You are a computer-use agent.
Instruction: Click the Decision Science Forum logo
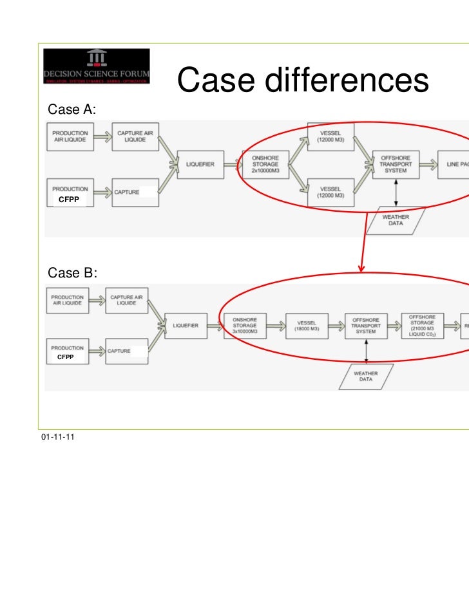[x=97, y=68]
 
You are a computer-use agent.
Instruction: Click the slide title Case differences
[x=302, y=81]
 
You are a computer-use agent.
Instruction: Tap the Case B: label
[x=72, y=273]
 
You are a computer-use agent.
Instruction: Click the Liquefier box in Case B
[x=190, y=325]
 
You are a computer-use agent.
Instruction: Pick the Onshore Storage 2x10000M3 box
[x=265, y=164]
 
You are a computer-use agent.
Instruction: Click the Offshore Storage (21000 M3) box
[x=423, y=326]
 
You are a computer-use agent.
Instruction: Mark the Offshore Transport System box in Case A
[x=396, y=164]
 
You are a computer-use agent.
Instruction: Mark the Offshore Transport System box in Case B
[x=365, y=325]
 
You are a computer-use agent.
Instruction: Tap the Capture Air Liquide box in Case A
[x=135, y=136]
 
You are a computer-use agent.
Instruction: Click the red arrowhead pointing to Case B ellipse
[x=361, y=268]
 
